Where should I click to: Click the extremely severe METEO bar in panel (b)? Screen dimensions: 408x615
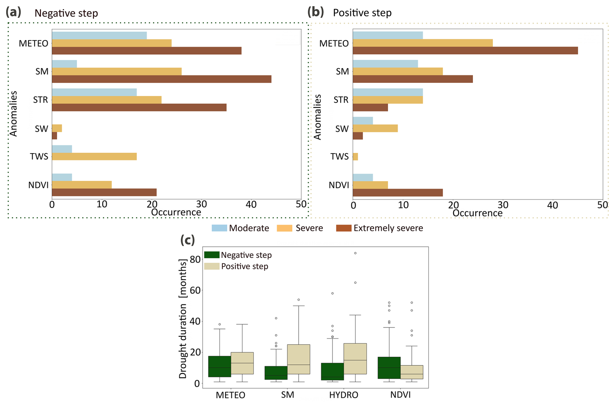click(465, 51)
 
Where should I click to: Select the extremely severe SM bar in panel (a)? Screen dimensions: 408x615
click(162, 79)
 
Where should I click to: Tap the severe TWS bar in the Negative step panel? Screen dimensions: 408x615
click(94, 157)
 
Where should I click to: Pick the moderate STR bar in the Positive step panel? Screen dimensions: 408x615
click(387, 92)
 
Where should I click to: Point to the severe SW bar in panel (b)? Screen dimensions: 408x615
click(375, 128)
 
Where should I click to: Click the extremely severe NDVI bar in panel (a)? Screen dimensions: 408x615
click(104, 192)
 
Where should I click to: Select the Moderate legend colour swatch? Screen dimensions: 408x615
click(219, 228)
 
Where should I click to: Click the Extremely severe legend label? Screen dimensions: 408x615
click(388, 228)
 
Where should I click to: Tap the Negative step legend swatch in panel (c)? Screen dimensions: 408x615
click(212, 255)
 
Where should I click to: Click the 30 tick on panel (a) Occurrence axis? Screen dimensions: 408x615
click(202, 204)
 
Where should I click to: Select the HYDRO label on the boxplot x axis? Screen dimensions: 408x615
click(344, 395)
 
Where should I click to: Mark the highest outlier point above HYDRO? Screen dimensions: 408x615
click(355, 253)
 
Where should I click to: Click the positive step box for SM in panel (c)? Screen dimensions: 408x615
click(298, 359)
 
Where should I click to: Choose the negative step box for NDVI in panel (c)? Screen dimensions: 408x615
click(389, 368)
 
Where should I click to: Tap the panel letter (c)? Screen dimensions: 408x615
click(188, 240)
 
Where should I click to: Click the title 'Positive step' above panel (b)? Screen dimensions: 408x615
click(362, 13)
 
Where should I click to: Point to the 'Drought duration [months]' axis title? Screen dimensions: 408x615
click(183, 319)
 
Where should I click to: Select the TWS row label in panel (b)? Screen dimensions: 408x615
click(339, 157)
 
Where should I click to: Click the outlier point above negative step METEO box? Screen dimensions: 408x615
click(220, 324)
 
